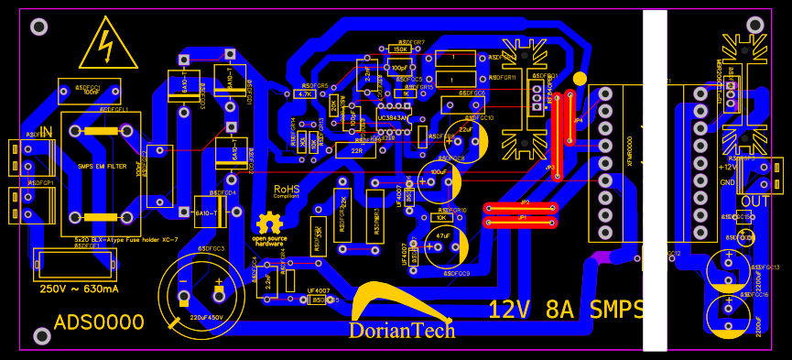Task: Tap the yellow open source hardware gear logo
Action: (x=269, y=223)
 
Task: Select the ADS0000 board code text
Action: (x=99, y=322)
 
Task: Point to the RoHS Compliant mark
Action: (x=287, y=191)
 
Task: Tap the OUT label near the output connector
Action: (x=755, y=202)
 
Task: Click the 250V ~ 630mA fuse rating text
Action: (x=80, y=289)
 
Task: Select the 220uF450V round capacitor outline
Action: (x=201, y=293)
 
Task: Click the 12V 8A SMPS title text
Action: (x=565, y=309)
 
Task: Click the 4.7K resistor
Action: (x=305, y=93)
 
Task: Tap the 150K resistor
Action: (x=400, y=49)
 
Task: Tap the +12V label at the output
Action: (x=728, y=167)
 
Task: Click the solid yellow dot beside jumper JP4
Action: (x=580, y=80)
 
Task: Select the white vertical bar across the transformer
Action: (x=655, y=180)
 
